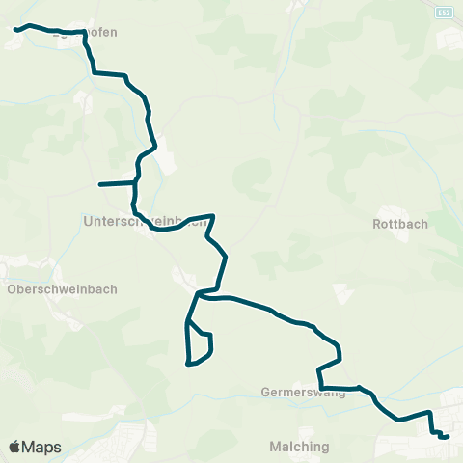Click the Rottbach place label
tap(400, 224)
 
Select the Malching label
tap(300, 447)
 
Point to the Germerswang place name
tap(302, 394)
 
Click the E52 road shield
tap(443, 12)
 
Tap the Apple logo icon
tap(14, 447)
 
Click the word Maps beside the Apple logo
tap(41, 447)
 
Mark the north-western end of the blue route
tap(15, 30)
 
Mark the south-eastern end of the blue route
tap(448, 437)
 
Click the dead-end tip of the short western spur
tap(100, 183)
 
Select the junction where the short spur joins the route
tap(135, 181)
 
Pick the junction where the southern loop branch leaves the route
tap(197, 293)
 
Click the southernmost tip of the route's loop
tap(189, 365)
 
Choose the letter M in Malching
tap(276, 447)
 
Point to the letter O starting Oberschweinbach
tap(12, 288)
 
